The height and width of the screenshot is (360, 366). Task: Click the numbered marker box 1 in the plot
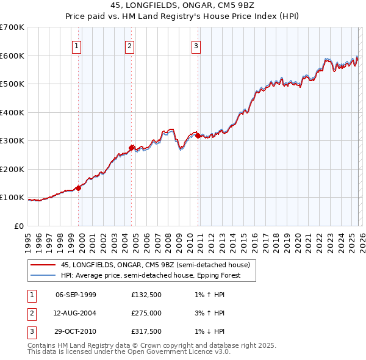click(77, 45)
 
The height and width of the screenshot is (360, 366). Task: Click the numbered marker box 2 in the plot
click(130, 45)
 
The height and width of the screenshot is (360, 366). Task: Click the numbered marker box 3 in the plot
click(196, 45)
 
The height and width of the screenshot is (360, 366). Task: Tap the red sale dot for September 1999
click(79, 188)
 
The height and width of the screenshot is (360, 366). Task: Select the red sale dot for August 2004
click(132, 147)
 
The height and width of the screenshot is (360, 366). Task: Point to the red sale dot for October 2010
click(198, 135)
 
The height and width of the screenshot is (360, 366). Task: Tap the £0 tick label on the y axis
click(18, 226)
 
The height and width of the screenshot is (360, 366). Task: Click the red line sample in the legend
click(43, 265)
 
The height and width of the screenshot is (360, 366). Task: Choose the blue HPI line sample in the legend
click(43, 275)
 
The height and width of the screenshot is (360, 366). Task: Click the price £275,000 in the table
click(146, 313)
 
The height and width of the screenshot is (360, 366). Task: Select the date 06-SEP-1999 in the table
click(76, 295)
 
